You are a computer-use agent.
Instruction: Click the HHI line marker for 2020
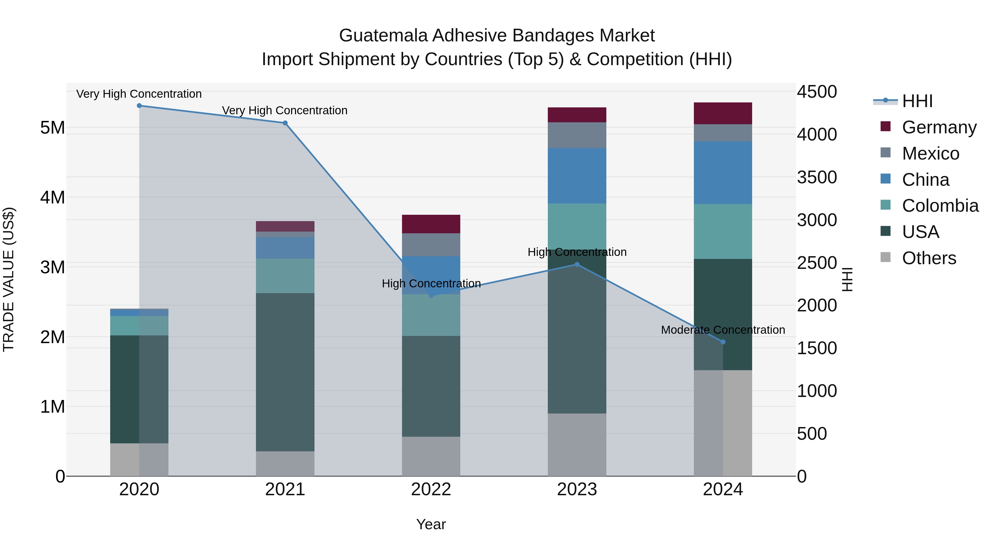coord(139,106)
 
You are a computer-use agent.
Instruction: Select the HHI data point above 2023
coord(577,264)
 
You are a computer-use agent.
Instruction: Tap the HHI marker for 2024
coord(723,342)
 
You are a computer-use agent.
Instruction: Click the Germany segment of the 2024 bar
coord(723,113)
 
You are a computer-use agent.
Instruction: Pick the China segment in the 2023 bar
coord(577,176)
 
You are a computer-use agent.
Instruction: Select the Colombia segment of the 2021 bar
coord(285,276)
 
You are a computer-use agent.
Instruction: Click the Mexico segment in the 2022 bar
coord(431,245)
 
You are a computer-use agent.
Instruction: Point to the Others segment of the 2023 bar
coord(577,444)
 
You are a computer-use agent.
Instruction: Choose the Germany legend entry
coord(939,127)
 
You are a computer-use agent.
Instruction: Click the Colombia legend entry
coord(940,206)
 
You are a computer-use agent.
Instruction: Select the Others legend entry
coord(929,258)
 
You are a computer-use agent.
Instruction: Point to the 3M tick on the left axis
coord(52,267)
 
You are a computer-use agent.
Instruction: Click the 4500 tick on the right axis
coord(817,92)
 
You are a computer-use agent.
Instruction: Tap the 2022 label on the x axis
coord(431,489)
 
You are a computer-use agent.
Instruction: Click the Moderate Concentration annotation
coord(723,330)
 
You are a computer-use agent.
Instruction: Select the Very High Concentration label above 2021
coord(285,110)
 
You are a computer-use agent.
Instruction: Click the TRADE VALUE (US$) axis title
coord(9,279)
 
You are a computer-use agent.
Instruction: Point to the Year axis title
coord(431,524)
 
